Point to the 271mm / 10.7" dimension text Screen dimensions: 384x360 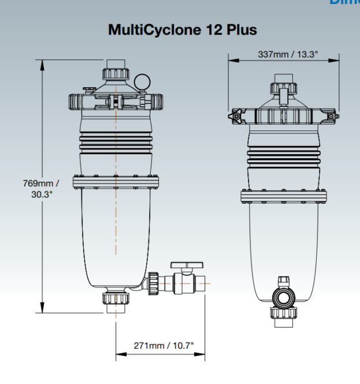click(164, 345)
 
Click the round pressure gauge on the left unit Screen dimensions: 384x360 click(142, 80)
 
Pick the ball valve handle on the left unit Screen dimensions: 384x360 click(187, 265)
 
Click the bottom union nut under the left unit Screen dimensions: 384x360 click(116, 298)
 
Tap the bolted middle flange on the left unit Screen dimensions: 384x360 click(116, 181)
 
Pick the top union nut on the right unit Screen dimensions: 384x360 click(284, 88)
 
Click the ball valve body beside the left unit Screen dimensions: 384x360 click(185, 284)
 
